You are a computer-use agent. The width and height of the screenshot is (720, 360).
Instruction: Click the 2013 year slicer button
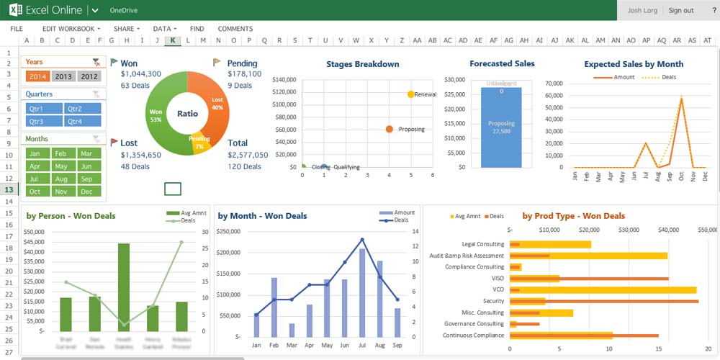pos(63,76)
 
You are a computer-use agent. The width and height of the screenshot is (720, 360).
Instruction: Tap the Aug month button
pos(61,179)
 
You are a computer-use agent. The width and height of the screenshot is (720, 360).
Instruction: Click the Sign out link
pos(680,11)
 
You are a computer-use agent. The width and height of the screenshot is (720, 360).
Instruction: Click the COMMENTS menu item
pos(235,29)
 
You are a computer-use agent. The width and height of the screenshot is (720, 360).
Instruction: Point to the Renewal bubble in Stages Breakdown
pos(410,94)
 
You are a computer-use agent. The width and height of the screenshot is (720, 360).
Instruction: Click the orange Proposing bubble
pos(390,130)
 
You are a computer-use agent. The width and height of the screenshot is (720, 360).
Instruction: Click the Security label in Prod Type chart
pos(493,301)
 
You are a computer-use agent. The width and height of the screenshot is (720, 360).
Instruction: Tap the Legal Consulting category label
pos(483,244)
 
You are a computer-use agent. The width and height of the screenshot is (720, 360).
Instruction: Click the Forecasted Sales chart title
pos(502,64)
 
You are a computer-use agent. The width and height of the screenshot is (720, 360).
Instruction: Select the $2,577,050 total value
pos(248,155)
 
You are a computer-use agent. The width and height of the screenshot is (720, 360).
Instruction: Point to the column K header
pos(172,40)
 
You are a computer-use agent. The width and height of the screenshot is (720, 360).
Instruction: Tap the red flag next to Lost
pos(114,143)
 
